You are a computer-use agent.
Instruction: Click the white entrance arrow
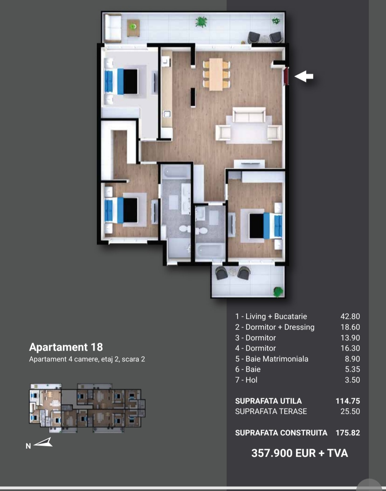[304, 76]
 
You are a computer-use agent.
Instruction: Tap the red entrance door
[286, 76]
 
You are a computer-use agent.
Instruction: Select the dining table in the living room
[216, 74]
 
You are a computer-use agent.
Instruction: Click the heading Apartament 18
[66, 347]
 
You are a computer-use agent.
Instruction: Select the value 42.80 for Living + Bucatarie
[350, 316]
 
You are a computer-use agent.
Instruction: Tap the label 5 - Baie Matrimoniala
[272, 359]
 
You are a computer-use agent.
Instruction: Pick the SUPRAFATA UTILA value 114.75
[348, 401]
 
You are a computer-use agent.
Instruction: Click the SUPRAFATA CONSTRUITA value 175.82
[348, 433]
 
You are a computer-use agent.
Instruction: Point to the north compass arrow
[43, 442]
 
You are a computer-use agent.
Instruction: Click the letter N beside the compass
[28, 446]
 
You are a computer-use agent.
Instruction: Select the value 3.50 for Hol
[352, 380]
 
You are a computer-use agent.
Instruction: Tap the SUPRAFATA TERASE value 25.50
[350, 411]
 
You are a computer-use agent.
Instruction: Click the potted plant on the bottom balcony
[278, 291]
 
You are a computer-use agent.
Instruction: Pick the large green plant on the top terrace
[201, 22]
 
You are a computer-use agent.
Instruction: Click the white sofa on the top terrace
[112, 28]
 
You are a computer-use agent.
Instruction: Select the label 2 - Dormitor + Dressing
[275, 327]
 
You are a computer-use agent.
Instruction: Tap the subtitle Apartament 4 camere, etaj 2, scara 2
[87, 359]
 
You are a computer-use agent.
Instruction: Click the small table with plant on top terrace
[133, 27]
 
